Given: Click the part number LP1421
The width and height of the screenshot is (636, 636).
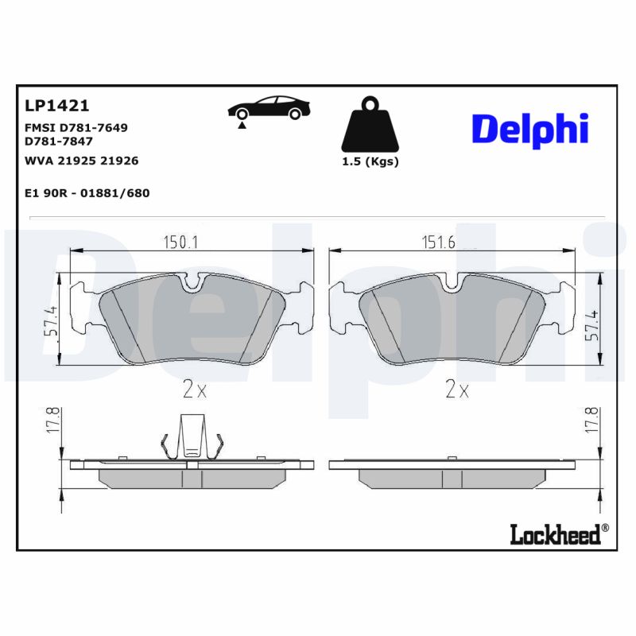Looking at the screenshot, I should click(x=56, y=106).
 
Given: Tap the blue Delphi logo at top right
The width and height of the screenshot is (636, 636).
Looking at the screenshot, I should click(x=529, y=128).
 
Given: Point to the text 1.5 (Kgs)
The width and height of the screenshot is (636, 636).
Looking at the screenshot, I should click(x=370, y=161).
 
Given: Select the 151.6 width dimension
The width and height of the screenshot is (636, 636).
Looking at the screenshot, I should click(x=438, y=242).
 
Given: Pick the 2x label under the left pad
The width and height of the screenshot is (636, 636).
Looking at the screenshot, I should click(x=194, y=390).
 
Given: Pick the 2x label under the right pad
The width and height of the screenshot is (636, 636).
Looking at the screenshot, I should click(x=457, y=390).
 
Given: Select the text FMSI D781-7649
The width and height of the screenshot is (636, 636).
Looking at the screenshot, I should click(x=76, y=127).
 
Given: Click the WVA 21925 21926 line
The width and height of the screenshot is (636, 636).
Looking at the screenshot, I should click(x=82, y=161).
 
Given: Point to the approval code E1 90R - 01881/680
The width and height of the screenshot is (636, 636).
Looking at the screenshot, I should click(x=87, y=193).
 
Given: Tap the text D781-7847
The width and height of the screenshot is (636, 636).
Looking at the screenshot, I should click(x=59, y=141).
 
